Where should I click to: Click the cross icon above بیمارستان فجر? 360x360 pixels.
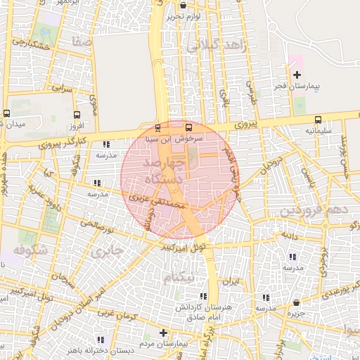tap(296, 75)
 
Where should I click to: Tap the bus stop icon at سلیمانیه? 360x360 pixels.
tap(318, 120)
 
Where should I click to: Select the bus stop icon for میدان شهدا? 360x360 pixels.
tap(7, 114)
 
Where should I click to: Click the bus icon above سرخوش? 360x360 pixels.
tap(188, 128)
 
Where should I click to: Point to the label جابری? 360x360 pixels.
tap(107, 250)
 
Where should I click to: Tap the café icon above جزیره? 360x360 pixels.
tap(296, 304)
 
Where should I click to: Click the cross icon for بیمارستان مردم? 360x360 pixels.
tap(163, 333)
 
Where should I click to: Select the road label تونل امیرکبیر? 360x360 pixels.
tap(184, 247)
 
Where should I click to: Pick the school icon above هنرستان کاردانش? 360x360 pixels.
tap(203, 297)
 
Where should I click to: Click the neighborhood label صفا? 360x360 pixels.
tap(82, 41)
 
